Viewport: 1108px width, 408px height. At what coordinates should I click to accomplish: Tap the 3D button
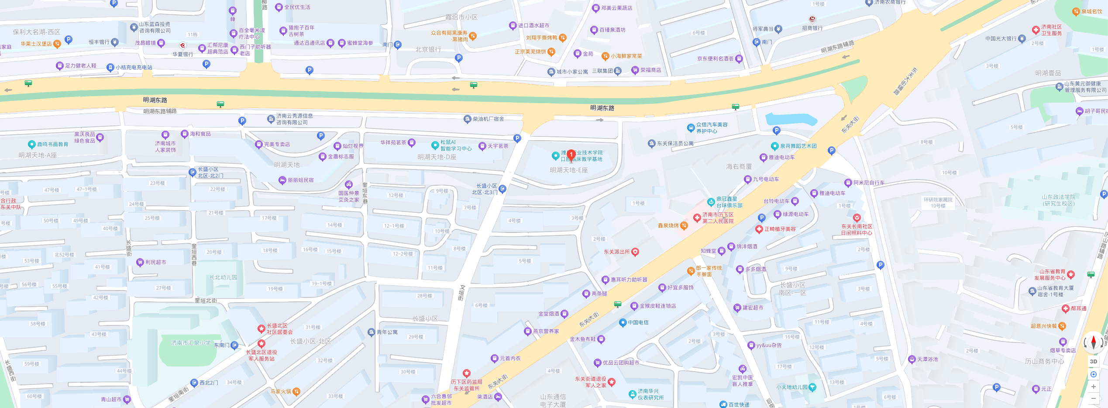coord(1093,361)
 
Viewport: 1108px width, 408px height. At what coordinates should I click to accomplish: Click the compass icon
coord(1093,342)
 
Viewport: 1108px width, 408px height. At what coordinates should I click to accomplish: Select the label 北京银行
coord(428,50)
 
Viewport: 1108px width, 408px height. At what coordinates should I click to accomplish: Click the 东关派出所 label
coord(617,252)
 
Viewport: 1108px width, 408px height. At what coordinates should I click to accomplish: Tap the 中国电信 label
coord(638,322)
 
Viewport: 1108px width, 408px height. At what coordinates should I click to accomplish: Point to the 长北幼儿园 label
coord(223,277)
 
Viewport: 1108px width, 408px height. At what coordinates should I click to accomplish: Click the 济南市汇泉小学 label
coord(191,343)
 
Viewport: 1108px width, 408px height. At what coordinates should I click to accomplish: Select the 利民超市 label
coord(155,262)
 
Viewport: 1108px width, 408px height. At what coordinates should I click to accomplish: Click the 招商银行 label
coord(812,28)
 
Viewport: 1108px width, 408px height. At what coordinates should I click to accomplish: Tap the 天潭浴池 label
coord(927,359)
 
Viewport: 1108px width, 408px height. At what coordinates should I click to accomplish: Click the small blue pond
coord(790,119)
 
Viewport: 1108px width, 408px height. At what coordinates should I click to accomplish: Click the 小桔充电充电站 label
coord(134,67)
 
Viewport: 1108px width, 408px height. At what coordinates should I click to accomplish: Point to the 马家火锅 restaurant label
coord(281,391)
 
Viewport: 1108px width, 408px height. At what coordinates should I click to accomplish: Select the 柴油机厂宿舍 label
coord(488,119)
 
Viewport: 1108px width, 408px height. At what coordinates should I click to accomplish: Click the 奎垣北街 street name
coord(206,301)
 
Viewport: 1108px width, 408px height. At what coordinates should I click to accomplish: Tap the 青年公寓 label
coord(387,332)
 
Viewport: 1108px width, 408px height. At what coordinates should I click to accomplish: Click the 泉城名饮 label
coord(1091,11)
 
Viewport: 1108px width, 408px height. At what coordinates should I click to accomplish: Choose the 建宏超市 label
coord(753,308)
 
